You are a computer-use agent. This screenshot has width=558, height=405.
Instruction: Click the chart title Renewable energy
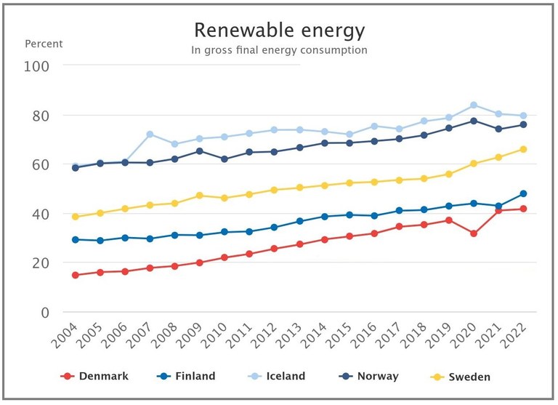pos(279,31)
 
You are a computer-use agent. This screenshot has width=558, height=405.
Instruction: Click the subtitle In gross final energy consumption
pos(279,50)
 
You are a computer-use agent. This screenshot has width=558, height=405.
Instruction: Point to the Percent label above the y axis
pos(44,44)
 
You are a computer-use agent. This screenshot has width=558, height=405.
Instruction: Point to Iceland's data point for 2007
pos(150,135)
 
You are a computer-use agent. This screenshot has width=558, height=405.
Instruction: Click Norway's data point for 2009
pos(200,151)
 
